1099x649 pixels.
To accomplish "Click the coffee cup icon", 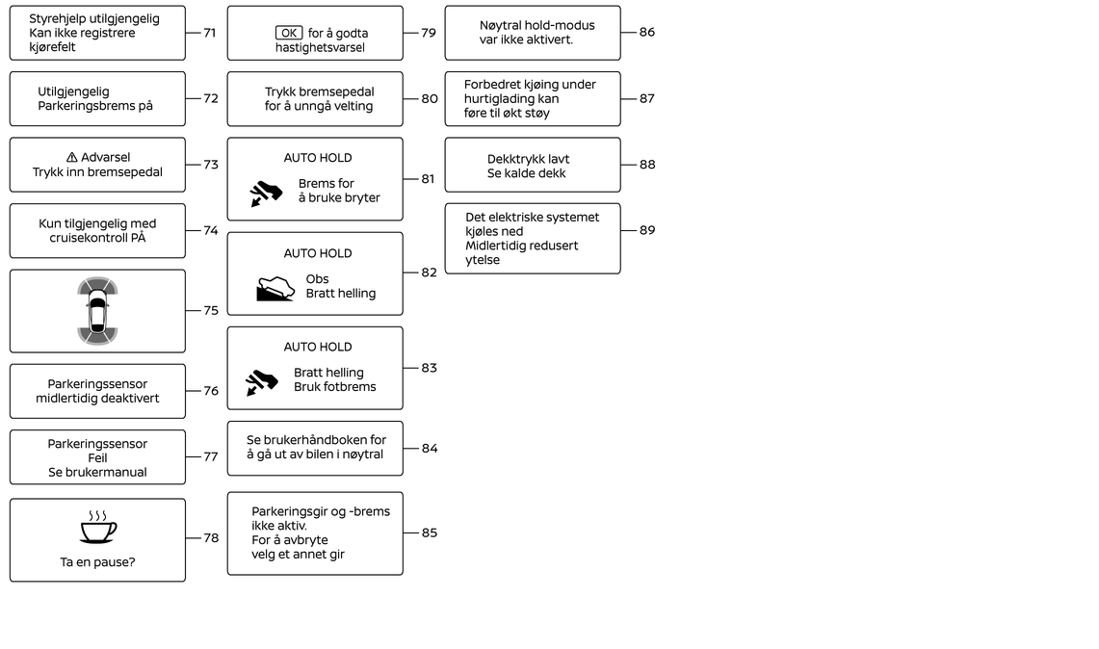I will (97, 527).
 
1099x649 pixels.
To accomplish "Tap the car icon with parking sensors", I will (97, 311).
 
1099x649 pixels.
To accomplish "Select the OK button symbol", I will (289, 33).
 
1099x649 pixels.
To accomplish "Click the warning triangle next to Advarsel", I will (71, 158).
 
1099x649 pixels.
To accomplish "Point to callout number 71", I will (210, 33).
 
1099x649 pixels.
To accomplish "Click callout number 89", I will (647, 230).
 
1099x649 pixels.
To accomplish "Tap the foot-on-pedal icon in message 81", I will (266, 194).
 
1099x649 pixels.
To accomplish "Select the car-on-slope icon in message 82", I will (275, 288).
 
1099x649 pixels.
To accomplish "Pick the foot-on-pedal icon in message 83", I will (262, 381).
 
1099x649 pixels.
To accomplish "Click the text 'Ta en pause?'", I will (97, 562).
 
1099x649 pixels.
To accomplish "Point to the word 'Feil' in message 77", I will (97, 458).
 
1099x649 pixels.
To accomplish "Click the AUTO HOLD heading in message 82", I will (318, 253).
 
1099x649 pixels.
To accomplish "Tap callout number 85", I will (430, 532).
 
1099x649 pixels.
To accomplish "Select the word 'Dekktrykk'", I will (514, 159).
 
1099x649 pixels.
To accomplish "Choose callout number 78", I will (211, 538).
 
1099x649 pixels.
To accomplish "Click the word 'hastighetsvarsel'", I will (321, 47).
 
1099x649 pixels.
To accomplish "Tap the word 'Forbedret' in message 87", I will (492, 85).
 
